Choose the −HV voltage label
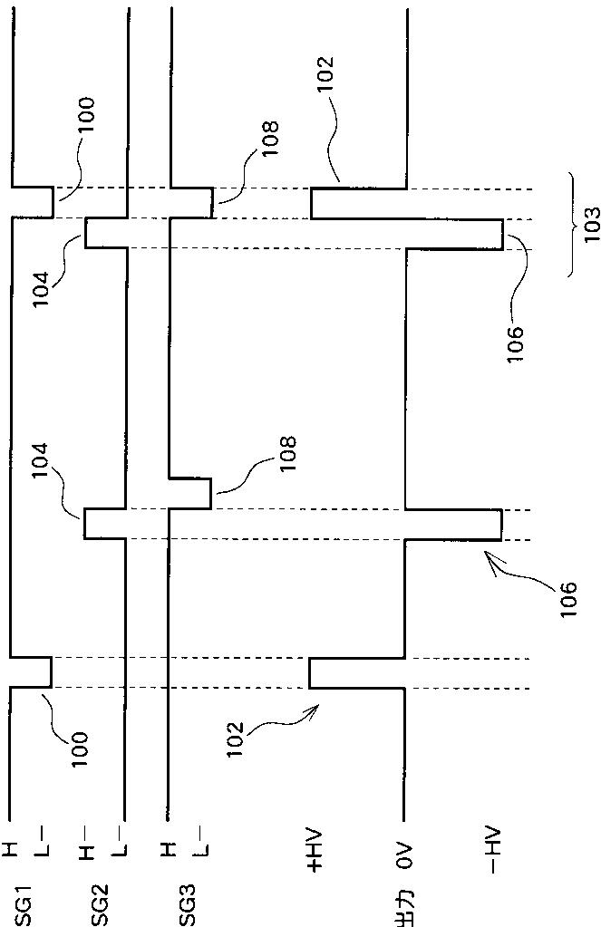(x=490, y=853)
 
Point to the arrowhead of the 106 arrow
(x=490, y=559)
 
